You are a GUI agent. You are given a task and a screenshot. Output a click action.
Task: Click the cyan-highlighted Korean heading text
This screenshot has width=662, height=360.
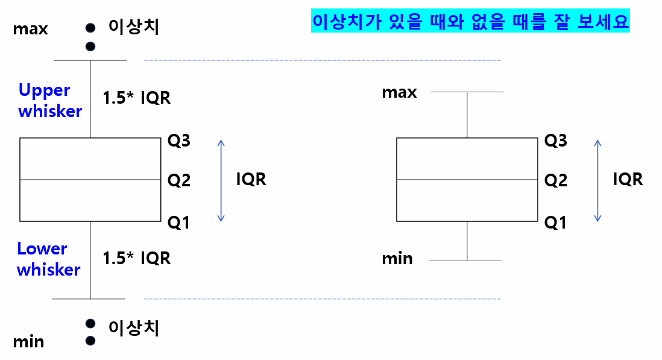pos(470,21)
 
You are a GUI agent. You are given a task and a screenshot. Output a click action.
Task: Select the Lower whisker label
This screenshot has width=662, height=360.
pos(48,259)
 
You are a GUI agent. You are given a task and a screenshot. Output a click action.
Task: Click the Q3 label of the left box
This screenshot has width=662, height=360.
pos(179,141)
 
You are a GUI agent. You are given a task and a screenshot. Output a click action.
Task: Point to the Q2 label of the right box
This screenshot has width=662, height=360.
pos(555,180)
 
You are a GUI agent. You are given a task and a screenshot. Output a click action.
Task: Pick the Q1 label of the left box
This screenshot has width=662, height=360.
pos(178,223)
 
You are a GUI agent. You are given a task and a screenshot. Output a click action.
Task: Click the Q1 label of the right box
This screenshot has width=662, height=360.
pos(555,223)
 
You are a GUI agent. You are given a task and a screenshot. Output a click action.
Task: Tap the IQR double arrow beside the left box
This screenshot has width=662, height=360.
pos(221,180)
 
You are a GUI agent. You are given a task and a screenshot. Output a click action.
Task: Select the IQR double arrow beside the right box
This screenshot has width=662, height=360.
pos(597,180)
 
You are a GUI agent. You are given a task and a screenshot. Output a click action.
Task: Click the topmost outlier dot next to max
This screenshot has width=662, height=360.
pos(90,27)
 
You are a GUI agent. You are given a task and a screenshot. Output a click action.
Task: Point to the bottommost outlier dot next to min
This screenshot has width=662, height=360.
pos(90,340)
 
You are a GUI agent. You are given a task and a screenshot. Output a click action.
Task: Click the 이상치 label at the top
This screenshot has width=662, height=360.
pos(134,26)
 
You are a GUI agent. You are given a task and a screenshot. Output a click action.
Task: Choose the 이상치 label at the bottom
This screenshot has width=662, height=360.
pos(134,327)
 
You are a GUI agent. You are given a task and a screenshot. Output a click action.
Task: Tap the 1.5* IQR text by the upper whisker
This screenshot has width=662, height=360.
pos(136,98)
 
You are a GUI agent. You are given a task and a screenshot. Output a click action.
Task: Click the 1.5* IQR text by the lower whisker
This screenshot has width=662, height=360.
pos(136,258)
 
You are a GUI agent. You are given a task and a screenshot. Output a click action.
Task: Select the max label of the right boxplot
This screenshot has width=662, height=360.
pos(399,92)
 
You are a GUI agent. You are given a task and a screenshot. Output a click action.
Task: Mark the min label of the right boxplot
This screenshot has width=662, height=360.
pos(397,259)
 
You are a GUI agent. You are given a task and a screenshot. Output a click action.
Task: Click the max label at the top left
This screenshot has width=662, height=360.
pos(30,28)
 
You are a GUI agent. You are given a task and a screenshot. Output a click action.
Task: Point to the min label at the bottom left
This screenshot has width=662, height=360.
pos(28,342)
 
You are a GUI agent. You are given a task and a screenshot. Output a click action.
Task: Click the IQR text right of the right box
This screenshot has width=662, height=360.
pos(628,179)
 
